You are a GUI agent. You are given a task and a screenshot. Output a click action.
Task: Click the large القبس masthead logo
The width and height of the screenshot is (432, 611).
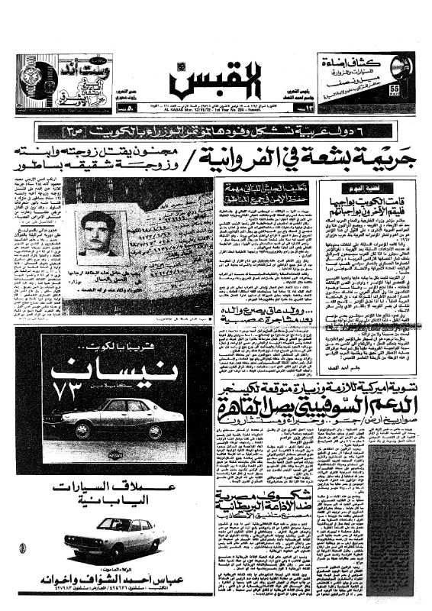216,76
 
